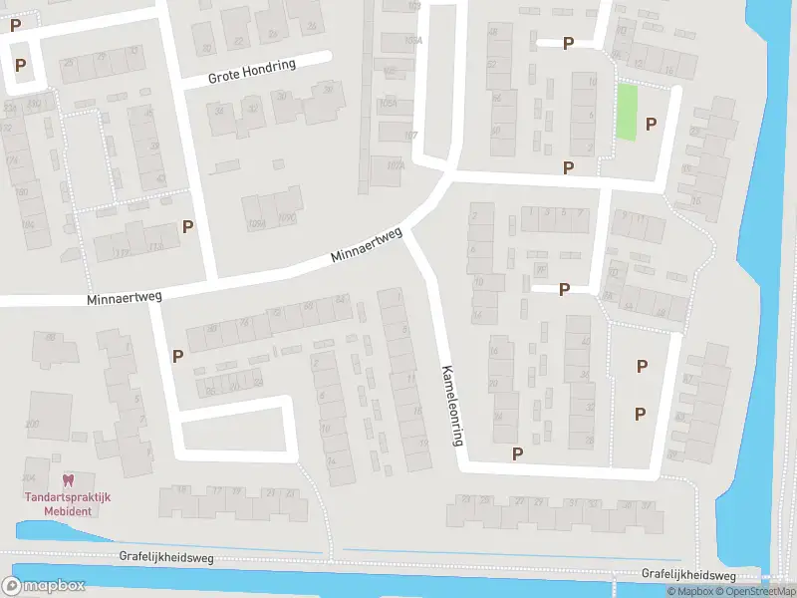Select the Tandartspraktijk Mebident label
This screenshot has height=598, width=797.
click(68, 503)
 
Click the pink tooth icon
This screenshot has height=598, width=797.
click(68, 480)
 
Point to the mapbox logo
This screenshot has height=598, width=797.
click(44, 585)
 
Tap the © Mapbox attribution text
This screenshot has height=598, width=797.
click(690, 592)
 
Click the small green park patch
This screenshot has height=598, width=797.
click(627, 112)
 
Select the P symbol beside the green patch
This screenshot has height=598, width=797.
click(652, 124)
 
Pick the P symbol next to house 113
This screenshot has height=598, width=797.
click(187, 226)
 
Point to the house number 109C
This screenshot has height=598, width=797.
click(288, 217)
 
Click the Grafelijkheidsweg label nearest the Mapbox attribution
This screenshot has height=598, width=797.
click(688, 575)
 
